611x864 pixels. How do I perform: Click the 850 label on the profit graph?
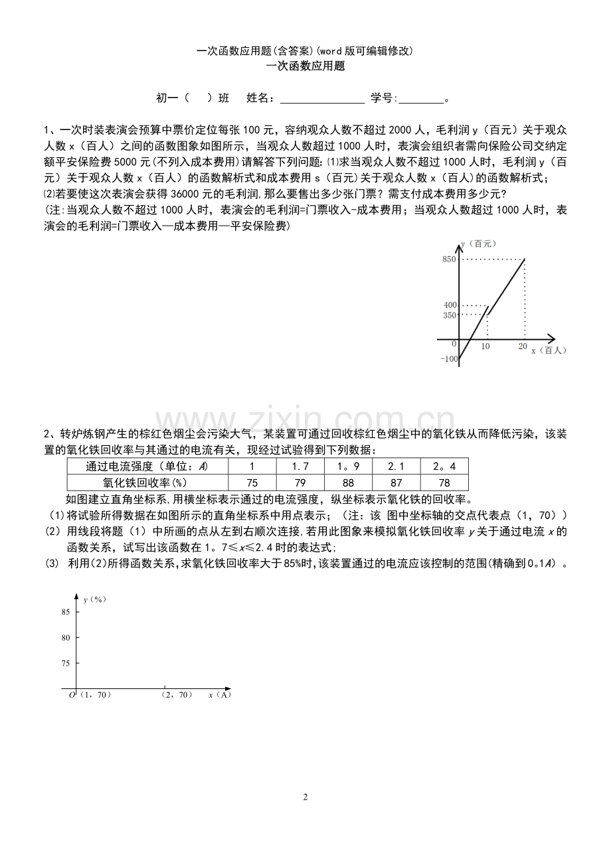click(450, 259)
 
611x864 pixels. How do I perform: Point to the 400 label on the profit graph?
click(450, 305)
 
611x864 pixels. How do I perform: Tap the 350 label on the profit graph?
click(450, 315)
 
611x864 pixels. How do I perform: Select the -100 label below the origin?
click(449, 359)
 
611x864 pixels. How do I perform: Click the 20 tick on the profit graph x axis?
click(522, 346)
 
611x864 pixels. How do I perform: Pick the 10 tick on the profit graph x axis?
click(485, 346)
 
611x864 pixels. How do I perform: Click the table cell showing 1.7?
click(300, 467)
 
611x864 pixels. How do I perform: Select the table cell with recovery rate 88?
click(348, 483)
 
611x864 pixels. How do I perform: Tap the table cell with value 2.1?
click(396, 467)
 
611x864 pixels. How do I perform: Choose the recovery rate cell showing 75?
click(252, 483)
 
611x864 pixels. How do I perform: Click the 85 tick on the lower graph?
click(65, 612)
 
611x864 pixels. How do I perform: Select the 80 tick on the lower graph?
click(65, 638)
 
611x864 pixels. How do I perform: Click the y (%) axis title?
click(95, 599)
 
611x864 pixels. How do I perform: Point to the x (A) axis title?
click(219, 695)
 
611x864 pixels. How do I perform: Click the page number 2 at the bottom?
click(305, 797)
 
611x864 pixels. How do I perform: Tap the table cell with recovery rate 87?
click(396, 483)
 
